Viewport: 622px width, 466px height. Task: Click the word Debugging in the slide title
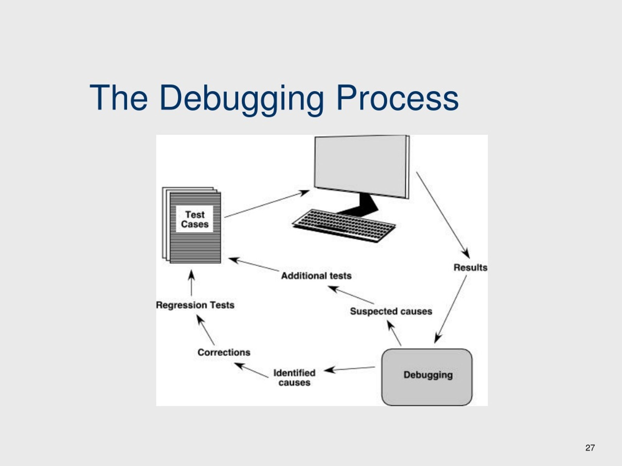pyautogui.click(x=241, y=98)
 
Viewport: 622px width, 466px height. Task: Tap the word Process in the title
pyautogui.click(x=397, y=98)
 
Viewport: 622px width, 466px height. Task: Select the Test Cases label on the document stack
pyautogui.click(x=195, y=219)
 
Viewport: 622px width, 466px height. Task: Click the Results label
pyautogui.click(x=470, y=267)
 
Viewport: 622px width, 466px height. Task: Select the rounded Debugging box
pyautogui.click(x=427, y=377)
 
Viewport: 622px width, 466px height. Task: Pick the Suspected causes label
pyautogui.click(x=391, y=311)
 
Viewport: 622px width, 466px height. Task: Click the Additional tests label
pyautogui.click(x=316, y=276)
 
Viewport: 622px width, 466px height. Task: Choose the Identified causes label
pyautogui.click(x=294, y=377)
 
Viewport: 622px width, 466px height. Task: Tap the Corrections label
pyautogui.click(x=224, y=352)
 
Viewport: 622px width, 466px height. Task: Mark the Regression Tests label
pyautogui.click(x=195, y=305)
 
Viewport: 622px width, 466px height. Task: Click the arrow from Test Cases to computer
pyautogui.click(x=267, y=204)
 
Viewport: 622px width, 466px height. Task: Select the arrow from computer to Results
pyautogui.click(x=443, y=215)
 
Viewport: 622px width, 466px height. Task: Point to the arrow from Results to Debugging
pyautogui.click(x=450, y=309)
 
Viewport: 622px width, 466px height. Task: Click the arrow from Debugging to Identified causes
pyautogui.click(x=350, y=369)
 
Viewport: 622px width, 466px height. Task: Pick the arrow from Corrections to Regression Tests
pyautogui.click(x=206, y=330)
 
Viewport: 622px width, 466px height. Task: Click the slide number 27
pyautogui.click(x=590, y=448)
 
